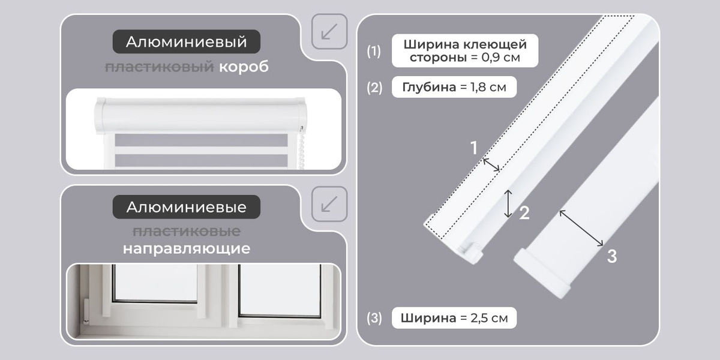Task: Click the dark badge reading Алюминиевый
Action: tap(187, 42)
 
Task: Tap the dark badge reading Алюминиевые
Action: tap(187, 207)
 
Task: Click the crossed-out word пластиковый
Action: tap(160, 67)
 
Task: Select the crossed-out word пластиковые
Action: tap(187, 232)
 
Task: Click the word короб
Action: tap(244, 67)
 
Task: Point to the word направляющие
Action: tap(187, 248)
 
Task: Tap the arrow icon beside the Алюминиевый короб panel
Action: tap(329, 31)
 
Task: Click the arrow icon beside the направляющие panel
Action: tap(329, 204)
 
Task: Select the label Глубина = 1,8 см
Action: tap(454, 87)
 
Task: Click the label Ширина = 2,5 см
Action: tap(454, 318)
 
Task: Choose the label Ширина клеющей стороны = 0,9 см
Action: tap(465, 51)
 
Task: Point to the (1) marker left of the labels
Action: tap(374, 51)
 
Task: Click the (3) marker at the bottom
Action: tap(374, 318)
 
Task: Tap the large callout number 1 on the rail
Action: tap(474, 148)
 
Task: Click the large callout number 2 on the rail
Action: tap(524, 213)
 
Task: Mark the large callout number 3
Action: tap(612, 257)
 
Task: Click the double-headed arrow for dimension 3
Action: tap(581, 228)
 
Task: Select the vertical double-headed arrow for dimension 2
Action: tap(508, 204)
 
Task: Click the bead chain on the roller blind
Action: tap(301, 148)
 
